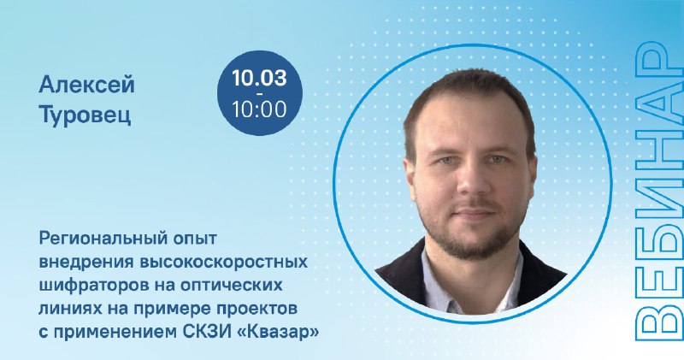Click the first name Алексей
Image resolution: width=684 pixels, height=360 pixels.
click(x=86, y=85)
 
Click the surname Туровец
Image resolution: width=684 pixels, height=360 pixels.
click(x=85, y=115)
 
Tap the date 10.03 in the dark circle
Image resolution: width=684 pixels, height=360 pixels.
click(x=259, y=79)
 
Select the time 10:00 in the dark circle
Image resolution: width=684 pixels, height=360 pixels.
click(x=259, y=109)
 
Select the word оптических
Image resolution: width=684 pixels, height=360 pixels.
click(x=231, y=286)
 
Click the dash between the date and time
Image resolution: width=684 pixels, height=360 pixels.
click(x=260, y=94)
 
